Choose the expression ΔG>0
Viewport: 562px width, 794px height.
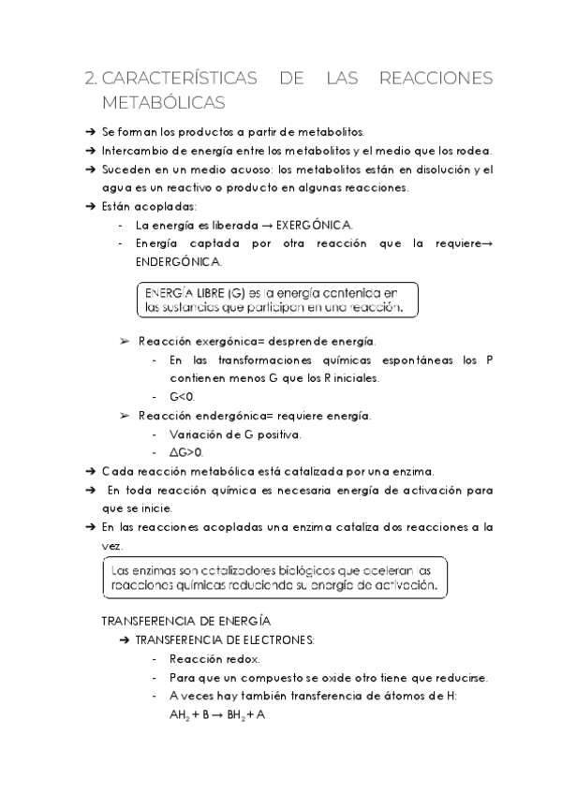pyautogui.click(x=185, y=452)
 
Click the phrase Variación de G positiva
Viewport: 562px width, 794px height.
pyautogui.click(x=235, y=434)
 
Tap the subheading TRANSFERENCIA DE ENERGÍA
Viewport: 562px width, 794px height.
pyautogui.click(x=185, y=621)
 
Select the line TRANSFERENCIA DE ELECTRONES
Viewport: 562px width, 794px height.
pyautogui.click(x=225, y=640)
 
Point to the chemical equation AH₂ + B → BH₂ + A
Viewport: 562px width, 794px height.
pyautogui.click(x=217, y=715)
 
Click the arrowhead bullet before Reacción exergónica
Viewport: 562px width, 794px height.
pyautogui.click(x=126, y=341)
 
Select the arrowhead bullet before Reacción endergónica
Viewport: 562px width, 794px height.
pyautogui.click(x=126, y=415)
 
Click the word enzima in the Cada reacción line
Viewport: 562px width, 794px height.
pyautogui.click(x=413, y=471)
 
